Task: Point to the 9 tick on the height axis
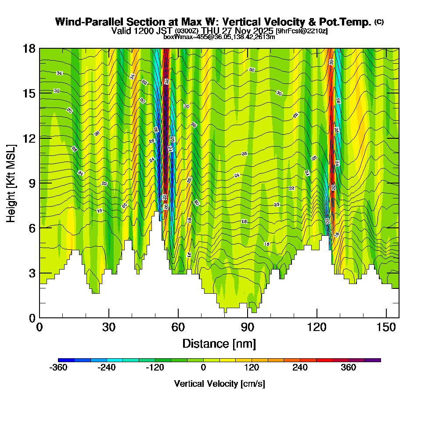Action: click(40, 183)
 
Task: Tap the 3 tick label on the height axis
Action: click(32, 273)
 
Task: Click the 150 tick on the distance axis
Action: click(386, 317)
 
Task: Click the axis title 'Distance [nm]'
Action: click(219, 343)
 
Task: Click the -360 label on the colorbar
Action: click(58, 368)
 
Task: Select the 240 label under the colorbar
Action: click(300, 368)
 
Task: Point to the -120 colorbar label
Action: click(155, 368)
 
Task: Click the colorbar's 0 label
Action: click(203, 368)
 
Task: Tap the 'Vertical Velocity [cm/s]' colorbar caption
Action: click(219, 384)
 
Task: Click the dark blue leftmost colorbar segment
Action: click(66, 360)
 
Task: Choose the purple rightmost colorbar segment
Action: click(372, 360)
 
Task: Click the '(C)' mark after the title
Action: click(379, 22)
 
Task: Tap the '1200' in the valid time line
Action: click(140, 31)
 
